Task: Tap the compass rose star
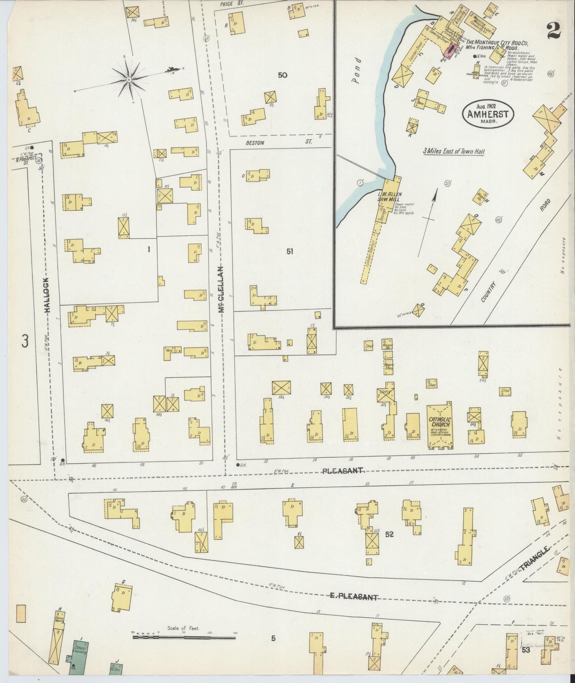[x=129, y=80]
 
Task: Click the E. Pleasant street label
[x=353, y=597]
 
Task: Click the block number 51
[x=290, y=251]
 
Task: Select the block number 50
[x=283, y=75]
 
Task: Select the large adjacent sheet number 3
[x=25, y=341]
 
